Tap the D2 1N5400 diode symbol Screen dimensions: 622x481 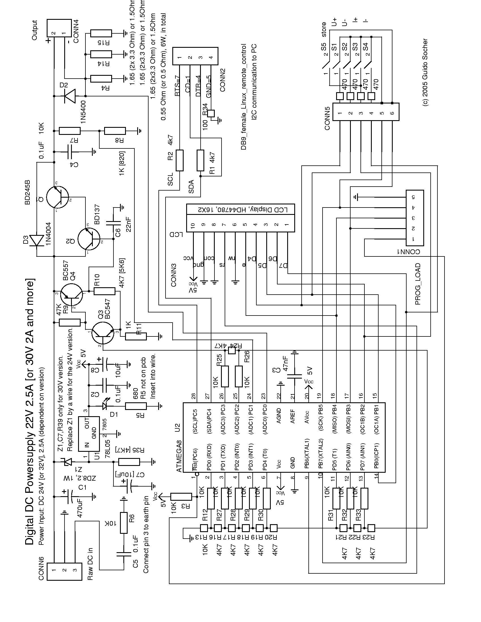point(70,96)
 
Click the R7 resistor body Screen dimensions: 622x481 point(70,131)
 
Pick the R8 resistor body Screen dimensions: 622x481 point(115,131)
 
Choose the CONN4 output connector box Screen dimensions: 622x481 point(59,28)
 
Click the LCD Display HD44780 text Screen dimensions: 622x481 point(241,210)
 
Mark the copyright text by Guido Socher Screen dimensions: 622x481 point(425,73)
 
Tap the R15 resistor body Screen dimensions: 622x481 point(101,33)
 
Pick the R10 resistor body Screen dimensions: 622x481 point(105,291)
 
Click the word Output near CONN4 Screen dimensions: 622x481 point(35,30)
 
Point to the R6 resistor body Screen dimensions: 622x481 point(124,522)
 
